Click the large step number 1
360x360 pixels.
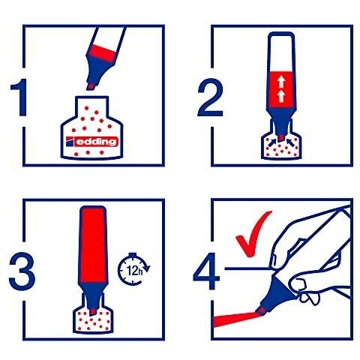pos(20,97)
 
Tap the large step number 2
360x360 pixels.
pos(210,97)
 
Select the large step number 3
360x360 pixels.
pos(22,271)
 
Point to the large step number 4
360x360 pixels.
pos(206,271)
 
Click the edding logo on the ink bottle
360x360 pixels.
pos(91,142)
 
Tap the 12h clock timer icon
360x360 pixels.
pos(133,269)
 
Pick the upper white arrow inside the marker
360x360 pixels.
pos(281,81)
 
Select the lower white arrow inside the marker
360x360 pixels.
pos(281,96)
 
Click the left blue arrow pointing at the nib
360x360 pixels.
pos(273,142)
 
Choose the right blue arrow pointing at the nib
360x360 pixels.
pos(290,142)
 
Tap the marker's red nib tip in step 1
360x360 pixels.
pos(91,87)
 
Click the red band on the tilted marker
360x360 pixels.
pos(102,53)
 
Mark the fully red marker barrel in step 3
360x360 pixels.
pos(93,244)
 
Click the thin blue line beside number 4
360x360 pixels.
pos(247,268)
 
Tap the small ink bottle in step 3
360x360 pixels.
pos(93,313)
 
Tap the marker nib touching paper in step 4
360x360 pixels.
pos(262,310)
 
